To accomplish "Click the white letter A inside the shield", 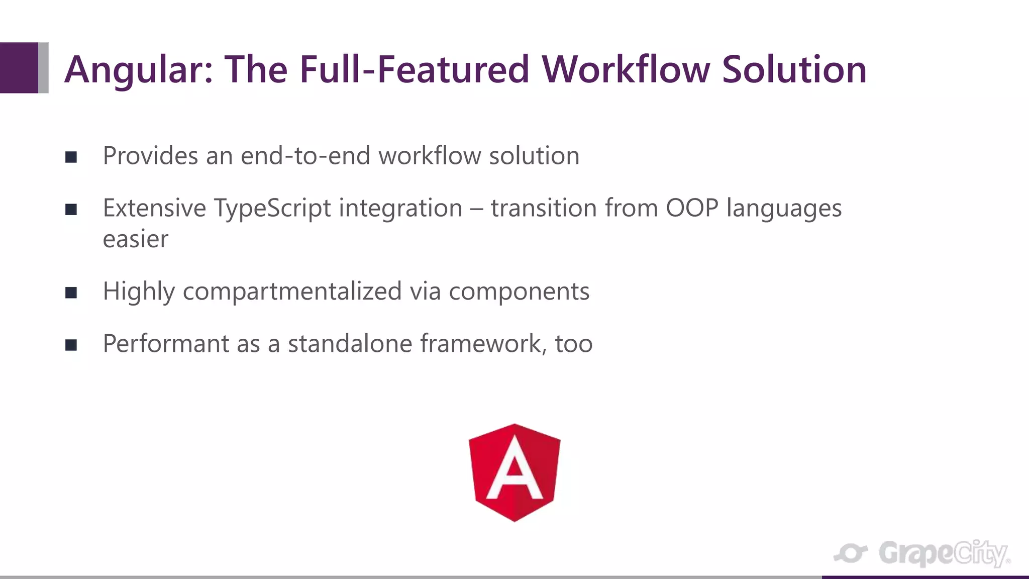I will [514, 470].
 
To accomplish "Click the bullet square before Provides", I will [71, 157].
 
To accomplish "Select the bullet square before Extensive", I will [71, 210].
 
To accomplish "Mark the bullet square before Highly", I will [71, 293].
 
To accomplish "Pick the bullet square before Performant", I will [71, 345].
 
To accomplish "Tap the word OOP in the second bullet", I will [692, 208].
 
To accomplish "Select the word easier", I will [135, 239].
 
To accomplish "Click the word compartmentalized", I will [292, 292].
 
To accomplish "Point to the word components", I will [519, 292].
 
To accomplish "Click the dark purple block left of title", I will [19, 67].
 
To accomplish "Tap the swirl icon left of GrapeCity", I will [851, 553].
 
